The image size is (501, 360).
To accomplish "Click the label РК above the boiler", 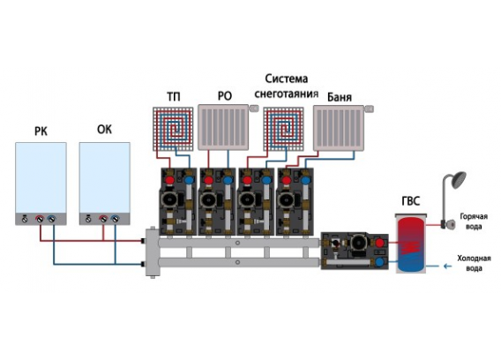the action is tap(41, 131).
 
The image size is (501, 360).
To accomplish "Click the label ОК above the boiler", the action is tap(104, 130).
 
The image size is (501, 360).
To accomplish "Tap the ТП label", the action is tap(174, 96).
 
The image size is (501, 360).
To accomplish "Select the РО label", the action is tap(225, 96).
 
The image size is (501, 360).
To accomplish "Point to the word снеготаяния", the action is tap(287, 94).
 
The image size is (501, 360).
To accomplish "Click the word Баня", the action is tap(340, 97).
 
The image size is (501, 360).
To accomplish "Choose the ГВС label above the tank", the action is tap(410, 201).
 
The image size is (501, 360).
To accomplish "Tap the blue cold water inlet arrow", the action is tap(447, 266).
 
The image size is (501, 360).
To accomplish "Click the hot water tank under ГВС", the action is tap(411, 244).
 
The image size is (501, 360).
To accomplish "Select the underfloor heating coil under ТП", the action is tap(173, 129).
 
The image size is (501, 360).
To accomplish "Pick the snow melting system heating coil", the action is tap(283, 129).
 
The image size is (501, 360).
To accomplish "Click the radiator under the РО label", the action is tap(223, 127).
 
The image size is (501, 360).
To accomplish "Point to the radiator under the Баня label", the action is tap(339, 128).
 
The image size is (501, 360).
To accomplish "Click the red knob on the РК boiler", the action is tap(40, 219).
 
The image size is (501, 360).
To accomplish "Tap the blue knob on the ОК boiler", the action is tap(115, 219).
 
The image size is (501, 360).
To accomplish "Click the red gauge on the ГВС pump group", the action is tap(379, 243).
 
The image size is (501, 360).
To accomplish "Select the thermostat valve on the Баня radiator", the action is tap(369, 109).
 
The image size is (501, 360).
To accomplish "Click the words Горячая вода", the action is tap(474, 221).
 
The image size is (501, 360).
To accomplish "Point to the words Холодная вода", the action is tap(474, 263).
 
